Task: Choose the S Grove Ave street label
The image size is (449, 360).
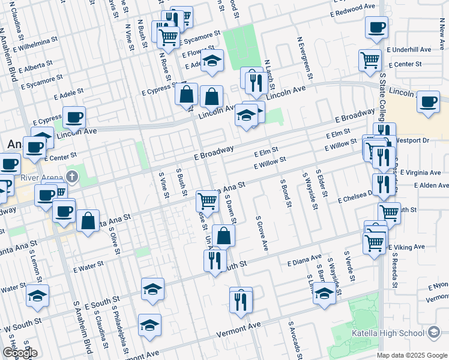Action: [261, 233]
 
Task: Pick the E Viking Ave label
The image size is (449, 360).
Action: [406, 247]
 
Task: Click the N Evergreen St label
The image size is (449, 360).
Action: [303, 58]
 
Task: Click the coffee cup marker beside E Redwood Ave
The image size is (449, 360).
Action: [376, 27]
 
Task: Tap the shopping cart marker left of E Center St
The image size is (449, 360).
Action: [370, 59]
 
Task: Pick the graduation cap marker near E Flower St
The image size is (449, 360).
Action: [211, 60]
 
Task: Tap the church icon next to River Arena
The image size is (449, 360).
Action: [71, 176]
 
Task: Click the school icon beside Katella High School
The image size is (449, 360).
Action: [433, 333]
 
